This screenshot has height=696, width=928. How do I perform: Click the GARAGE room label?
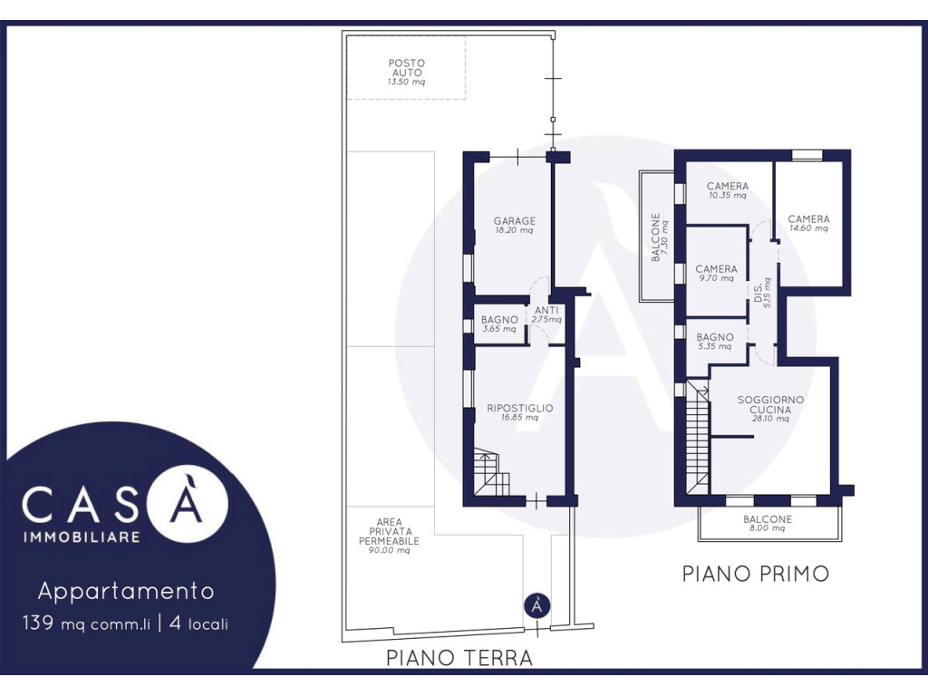pyautogui.click(x=515, y=225)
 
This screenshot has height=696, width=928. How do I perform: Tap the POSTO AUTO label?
pyautogui.click(x=407, y=72)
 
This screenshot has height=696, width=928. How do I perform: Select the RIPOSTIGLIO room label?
pyautogui.click(x=519, y=412)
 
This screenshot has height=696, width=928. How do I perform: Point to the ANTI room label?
pyautogui.click(x=546, y=314)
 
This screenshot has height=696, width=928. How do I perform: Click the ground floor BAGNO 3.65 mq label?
pyautogui.click(x=499, y=324)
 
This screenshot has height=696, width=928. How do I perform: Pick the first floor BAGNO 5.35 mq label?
pyautogui.click(x=715, y=342)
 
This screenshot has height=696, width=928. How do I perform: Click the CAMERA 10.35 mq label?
pyautogui.click(x=728, y=190)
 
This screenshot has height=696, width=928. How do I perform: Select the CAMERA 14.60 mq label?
pyautogui.click(x=808, y=223)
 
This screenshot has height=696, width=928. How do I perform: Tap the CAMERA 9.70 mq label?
pyautogui.click(x=716, y=273)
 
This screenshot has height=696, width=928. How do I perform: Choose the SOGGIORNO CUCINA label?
pyautogui.click(x=770, y=409)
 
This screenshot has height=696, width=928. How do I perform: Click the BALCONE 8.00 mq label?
pyautogui.click(x=768, y=523)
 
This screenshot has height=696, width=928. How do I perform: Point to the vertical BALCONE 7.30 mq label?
pyautogui.click(x=660, y=237)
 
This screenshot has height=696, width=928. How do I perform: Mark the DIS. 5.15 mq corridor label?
pyautogui.click(x=762, y=292)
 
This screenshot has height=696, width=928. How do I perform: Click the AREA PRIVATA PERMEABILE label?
pyautogui.click(x=389, y=536)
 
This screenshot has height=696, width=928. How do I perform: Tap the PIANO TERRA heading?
pyautogui.click(x=459, y=658)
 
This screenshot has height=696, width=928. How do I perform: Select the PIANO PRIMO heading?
pyautogui.click(x=756, y=574)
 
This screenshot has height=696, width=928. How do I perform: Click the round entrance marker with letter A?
pyautogui.click(x=536, y=606)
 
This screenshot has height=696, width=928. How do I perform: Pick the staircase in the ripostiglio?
pyautogui.click(x=492, y=471)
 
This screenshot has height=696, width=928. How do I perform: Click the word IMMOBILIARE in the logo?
pyautogui.click(x=82, y=537)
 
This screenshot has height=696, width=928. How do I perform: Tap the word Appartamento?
pyautogui.click(x=126, y=591)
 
